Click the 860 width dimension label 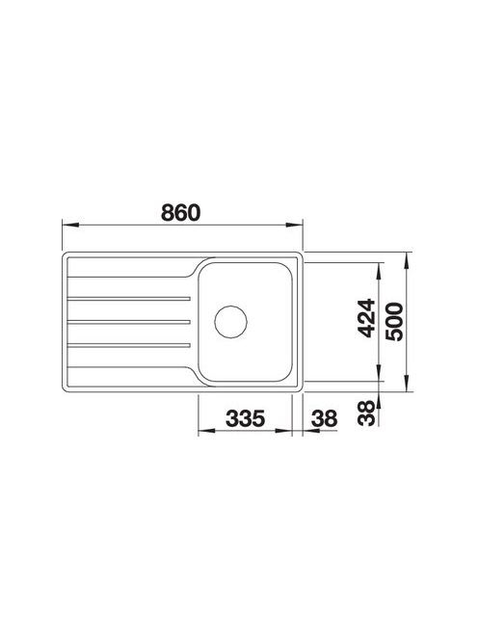pos(180,213)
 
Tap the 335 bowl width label pos(246,418)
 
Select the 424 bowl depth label pos(366,318)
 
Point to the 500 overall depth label pos(395,322)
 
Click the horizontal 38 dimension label pos(325,418)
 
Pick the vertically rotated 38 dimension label pos(366,413)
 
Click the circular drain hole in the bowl pos(231,322)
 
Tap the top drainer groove pos(129,299)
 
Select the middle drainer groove pos(129,322)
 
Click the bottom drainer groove pos(129,345)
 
